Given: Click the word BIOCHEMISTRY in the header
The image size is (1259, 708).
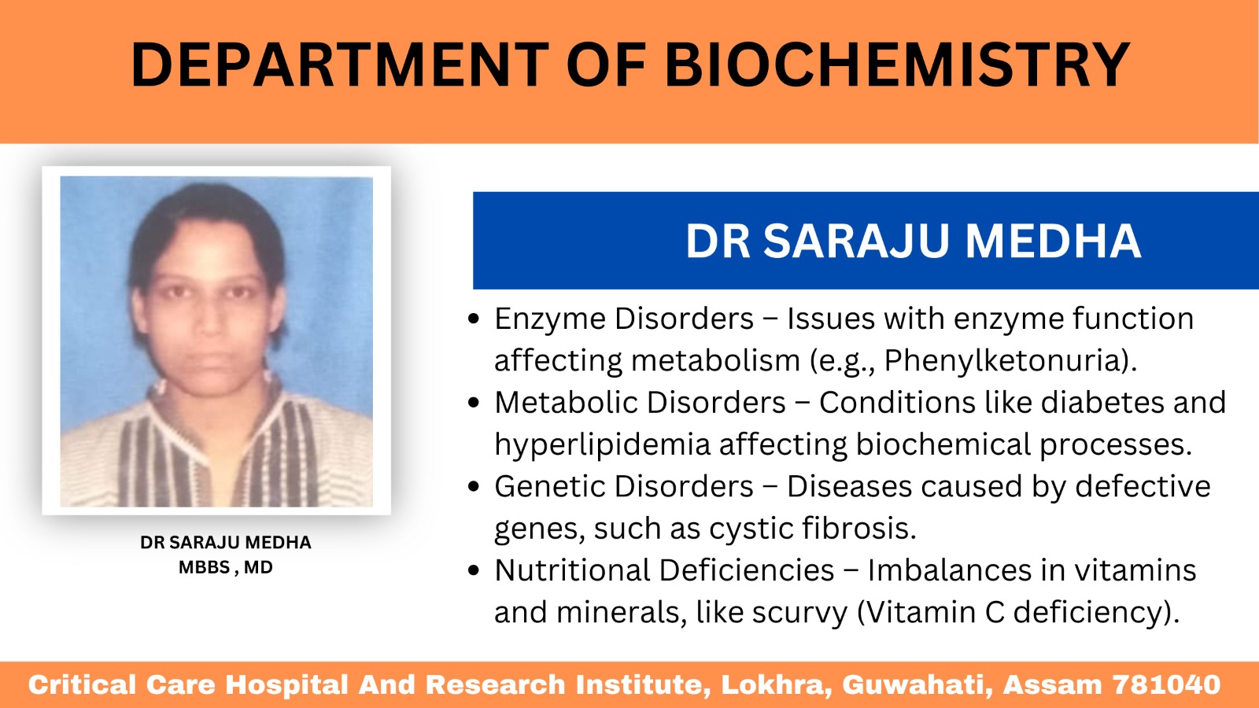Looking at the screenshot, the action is [x=898, y=65].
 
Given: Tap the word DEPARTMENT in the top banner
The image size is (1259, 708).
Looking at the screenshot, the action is [x=340, y=65].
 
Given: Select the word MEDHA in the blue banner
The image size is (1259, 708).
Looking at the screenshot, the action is [x=1054, y=242].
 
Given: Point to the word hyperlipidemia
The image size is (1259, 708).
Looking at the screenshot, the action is [x=603, y=445].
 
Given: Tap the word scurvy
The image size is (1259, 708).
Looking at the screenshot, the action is [x=799, y=613].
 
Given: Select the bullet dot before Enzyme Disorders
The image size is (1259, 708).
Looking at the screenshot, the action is [x=473, y=319].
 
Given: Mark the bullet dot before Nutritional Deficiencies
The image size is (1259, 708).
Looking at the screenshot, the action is [x=473, y=570].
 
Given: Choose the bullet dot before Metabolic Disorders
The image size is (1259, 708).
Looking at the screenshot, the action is [x=473, y=403].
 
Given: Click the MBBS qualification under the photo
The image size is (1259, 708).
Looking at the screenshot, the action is [x=204, y=567].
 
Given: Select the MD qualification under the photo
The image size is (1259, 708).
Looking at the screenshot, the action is [x=259, y=567].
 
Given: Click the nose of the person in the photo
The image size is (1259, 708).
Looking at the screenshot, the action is [x=209, y=320].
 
